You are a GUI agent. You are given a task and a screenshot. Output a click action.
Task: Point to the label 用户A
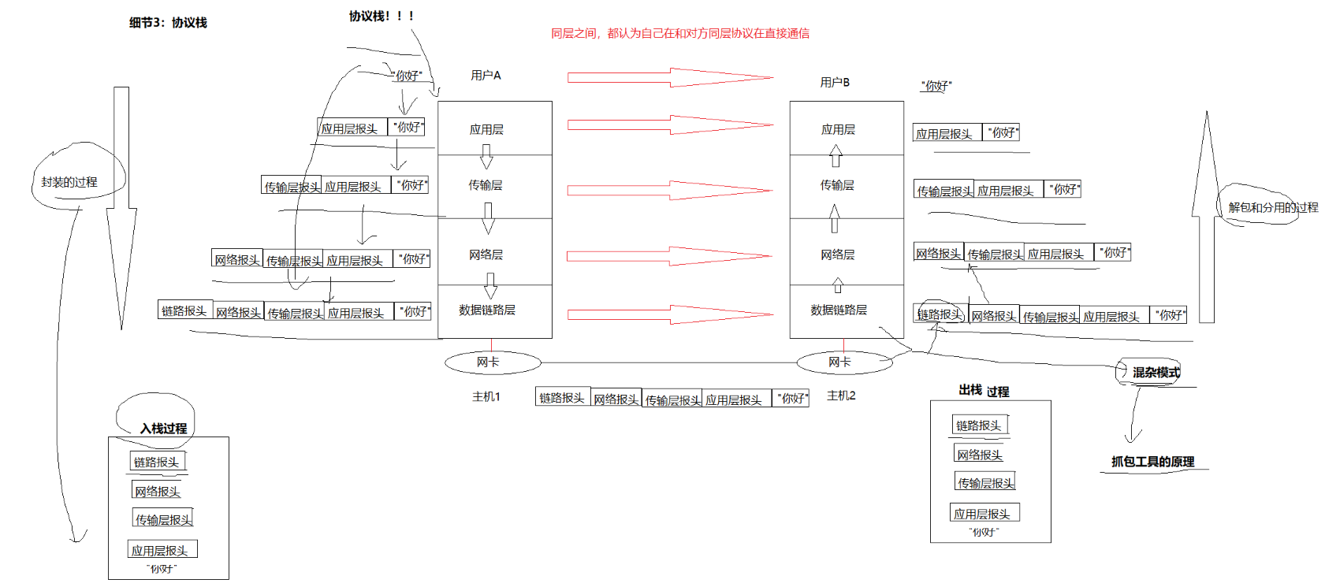click(x=486, y=76)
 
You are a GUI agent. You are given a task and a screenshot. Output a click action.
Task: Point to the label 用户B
click(x=835, y=83)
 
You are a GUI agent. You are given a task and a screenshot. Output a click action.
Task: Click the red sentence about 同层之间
click(x=679, y=34)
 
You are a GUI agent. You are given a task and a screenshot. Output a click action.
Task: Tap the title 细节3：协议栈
click(x=168, y=23)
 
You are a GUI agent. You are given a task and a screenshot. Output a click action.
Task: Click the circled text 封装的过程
click(x=69, y=182)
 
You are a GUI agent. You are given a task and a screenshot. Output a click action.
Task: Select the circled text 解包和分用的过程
click(x=1273, y=208)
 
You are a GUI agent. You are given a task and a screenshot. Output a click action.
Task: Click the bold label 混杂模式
click(x=1156, y=373)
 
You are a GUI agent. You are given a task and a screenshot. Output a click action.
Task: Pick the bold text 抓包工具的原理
click(x=1152, y=462)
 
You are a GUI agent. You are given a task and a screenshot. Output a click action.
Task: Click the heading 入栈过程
click(x=163, y=429)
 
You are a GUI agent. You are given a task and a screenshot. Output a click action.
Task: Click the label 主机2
click(x=841, y=396)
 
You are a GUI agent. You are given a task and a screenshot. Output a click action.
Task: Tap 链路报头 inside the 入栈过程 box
click(x=157, y=462)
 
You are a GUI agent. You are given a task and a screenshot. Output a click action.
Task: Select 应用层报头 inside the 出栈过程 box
click(x=982, y=514)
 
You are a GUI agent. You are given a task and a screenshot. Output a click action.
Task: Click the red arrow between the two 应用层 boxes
click(x=670, y=124)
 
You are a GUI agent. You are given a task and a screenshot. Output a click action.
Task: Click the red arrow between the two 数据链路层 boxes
click(x=670, y=314)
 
